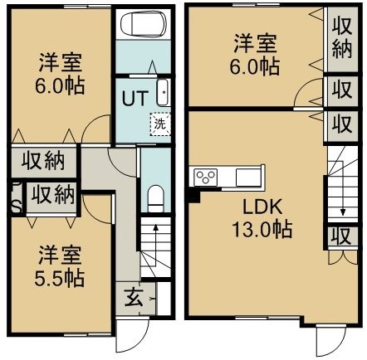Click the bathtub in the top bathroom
(x=144, y=24)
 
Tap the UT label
(x=135, y=98)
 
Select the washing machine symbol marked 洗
(x=160, y=124)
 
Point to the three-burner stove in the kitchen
(x=206, y=177)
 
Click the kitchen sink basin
(x=247, y=177)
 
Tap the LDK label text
(x=262, y=207)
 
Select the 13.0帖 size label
(x=262, y=230)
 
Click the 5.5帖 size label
(x=59, y=279)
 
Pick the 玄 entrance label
(x=134, y=298)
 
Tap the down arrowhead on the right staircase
(x=343, y=212)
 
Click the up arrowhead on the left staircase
(x=156, y=227)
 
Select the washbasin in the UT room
(x=163, y=93)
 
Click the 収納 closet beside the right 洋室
(x=342, y=39)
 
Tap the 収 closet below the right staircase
(x=342, y=236)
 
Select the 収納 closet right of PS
(x=53, y=195)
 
